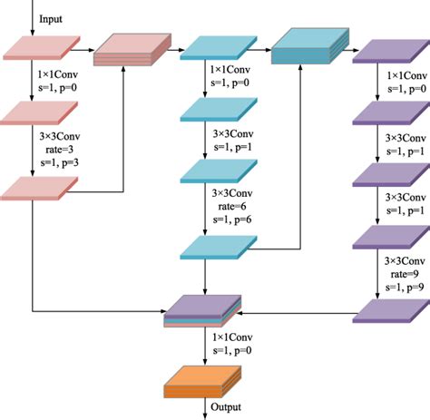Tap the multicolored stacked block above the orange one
click(x=201, y=311)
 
